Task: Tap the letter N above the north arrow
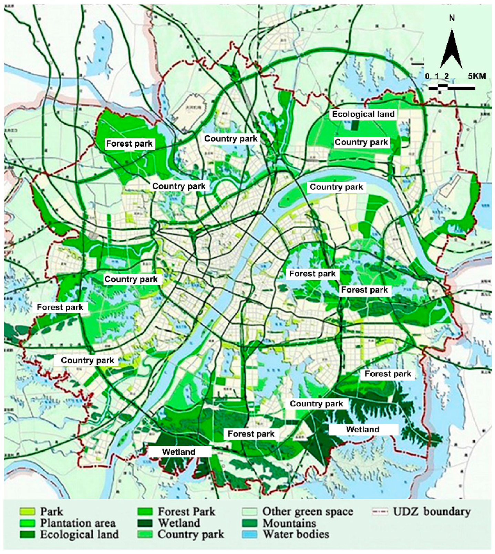pyautogui.click(x=452, y=18)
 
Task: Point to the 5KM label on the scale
pyautogui.click(x=477, y=76)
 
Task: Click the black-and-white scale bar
pyautogui.click(x=452, y=87)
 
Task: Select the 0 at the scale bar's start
pyautogui.click(x=427, y=76)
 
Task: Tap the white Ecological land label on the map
pyautogui.click(x=363, y=114)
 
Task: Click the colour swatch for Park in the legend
pyautogui.click(x=27, y=512)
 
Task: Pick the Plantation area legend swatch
pyautogui.click(x=27, y=523)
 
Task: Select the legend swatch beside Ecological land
pyautogui.click(x=27, y=534)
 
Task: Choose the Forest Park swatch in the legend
pyautogui.click(x=145, y=512)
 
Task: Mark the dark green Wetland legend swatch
pyautogui.click(x=145, y=523)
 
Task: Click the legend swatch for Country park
pyautogui.click(x=145, y=534)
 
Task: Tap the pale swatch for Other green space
pyautogui.click(x=249, y=512)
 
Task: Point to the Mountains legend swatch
pyautogui.click(x=249, y=523)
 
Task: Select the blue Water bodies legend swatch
pyautogui.click(x=249, y=534)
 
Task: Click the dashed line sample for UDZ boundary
pyautogui.click(x=380, y=512)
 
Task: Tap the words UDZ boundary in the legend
pyautogui.click(x=432, y=512)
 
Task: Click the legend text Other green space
pyautogui.click(x=308, y=512)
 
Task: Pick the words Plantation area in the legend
pyautogui.click(x=78, y=523)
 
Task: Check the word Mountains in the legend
pyautogui.click(x=289, y=523)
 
